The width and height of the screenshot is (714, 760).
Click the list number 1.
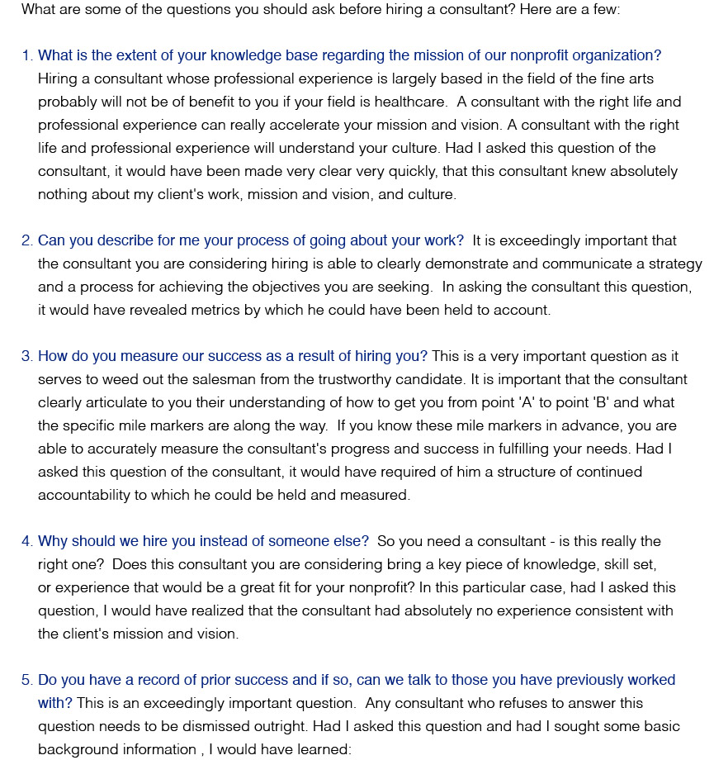point(26,55)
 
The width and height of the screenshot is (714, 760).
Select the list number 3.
point(26,356)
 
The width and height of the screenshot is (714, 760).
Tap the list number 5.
point(26,680)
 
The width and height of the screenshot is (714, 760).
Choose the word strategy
point(665,264)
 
